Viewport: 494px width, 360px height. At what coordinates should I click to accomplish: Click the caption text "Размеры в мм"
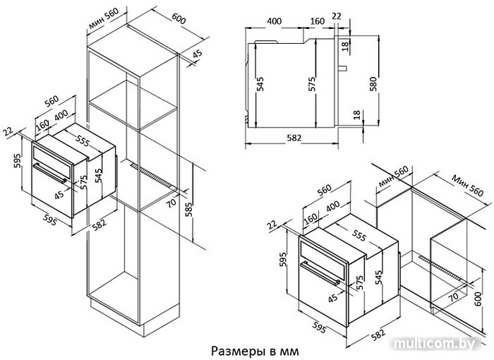coord(249,349)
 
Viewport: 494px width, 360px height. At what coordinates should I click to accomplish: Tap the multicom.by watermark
coord(439,344)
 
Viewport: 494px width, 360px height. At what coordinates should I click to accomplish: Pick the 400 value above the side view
coord(275,20)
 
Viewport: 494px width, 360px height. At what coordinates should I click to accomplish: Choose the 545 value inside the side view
coord(260,85)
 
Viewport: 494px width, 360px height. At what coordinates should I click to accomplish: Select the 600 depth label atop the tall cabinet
coord(179,20)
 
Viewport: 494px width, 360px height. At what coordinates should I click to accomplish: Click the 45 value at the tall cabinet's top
coord(197,55)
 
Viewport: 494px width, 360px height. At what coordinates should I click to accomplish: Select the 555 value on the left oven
coord(84,140)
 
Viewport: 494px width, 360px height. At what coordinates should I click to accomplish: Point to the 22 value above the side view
coord(337,16)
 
